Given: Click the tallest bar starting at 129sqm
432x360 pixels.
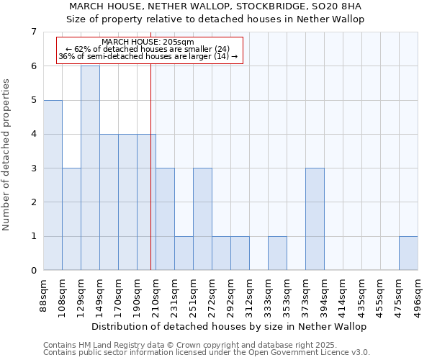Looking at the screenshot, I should [90, 168].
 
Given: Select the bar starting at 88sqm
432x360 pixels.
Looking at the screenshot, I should [53, 185].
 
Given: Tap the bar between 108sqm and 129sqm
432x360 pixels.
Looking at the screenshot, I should [71, 219].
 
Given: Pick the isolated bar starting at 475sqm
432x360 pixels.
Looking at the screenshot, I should [408, 253].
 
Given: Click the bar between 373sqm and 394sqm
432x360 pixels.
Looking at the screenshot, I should [315, 219].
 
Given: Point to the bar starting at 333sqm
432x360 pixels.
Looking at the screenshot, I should [277, 253].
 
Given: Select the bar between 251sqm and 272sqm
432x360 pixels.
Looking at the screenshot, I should [202, 219].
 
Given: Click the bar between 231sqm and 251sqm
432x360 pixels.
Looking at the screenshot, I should [184, 253].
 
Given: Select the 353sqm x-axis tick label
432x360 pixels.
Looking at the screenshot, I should [287, 295].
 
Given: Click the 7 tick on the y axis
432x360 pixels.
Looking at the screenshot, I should [33, 32].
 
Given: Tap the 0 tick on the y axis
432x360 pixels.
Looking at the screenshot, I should [33, 271].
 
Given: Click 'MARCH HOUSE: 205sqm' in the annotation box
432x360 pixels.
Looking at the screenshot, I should [148, 42].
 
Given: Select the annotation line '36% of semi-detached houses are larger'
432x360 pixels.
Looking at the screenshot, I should [148, 56].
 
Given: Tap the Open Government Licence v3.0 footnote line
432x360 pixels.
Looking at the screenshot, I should [207, 353].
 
